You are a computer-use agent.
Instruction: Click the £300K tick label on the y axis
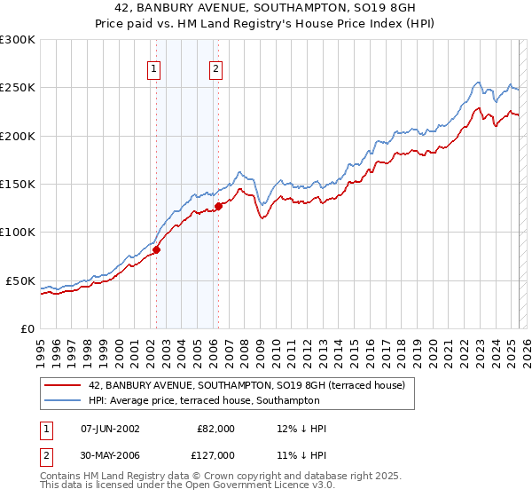(18, 40)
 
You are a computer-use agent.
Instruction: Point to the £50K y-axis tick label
(20, 280)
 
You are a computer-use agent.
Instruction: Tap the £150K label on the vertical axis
(18, 185)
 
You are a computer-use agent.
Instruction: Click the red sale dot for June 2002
(156, 249)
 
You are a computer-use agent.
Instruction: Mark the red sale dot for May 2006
(218, 207)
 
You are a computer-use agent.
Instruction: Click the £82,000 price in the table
(216, 429)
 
